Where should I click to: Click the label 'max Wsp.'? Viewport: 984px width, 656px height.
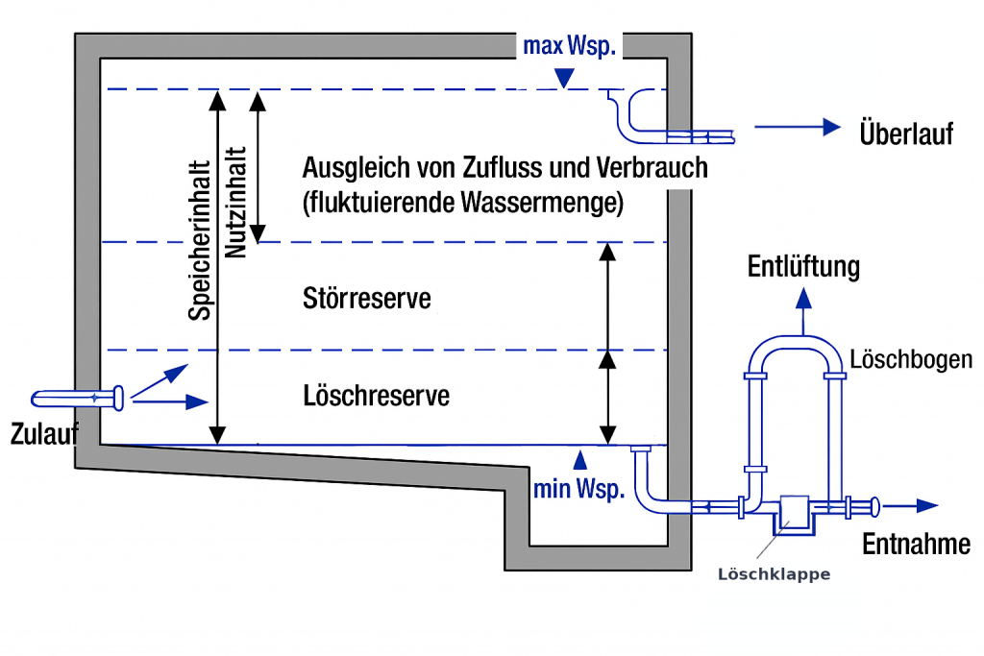point(568,46)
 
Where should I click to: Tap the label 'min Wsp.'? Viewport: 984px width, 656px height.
point(578,488)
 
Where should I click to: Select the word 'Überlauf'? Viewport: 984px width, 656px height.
point(906,134)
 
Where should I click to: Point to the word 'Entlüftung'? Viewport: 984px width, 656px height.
point(803,267)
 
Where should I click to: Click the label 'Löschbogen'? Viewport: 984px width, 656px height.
point(911,359)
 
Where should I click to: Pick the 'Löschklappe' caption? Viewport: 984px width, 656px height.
point(774,574)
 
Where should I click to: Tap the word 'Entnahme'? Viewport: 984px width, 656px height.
point(916,544)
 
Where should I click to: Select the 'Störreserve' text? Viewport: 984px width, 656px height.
point(366,299)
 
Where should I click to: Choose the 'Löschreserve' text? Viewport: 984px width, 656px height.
point(376,395)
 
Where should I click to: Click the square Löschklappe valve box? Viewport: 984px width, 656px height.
point(795,510)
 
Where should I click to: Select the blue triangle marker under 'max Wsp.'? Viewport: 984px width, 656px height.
point(568,82)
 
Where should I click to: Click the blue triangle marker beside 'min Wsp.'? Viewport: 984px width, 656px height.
point(578,454)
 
